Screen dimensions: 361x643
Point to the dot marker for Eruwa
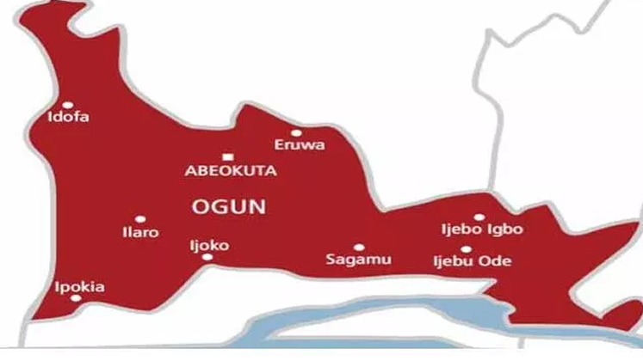296,133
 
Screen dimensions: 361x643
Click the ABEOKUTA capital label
231,170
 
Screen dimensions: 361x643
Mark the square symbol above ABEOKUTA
227,156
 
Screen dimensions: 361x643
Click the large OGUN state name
227,206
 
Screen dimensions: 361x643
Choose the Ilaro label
141,232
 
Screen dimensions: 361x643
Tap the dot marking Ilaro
140,219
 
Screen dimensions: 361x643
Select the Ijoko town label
209,244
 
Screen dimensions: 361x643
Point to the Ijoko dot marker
207,256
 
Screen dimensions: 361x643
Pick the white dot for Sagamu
358,247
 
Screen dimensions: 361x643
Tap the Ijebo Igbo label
481,229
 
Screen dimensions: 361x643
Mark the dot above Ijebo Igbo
479,217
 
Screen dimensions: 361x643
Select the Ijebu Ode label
473,260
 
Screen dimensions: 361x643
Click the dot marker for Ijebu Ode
466,249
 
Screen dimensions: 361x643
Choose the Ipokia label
79,286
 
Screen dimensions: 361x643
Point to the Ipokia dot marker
76,298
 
